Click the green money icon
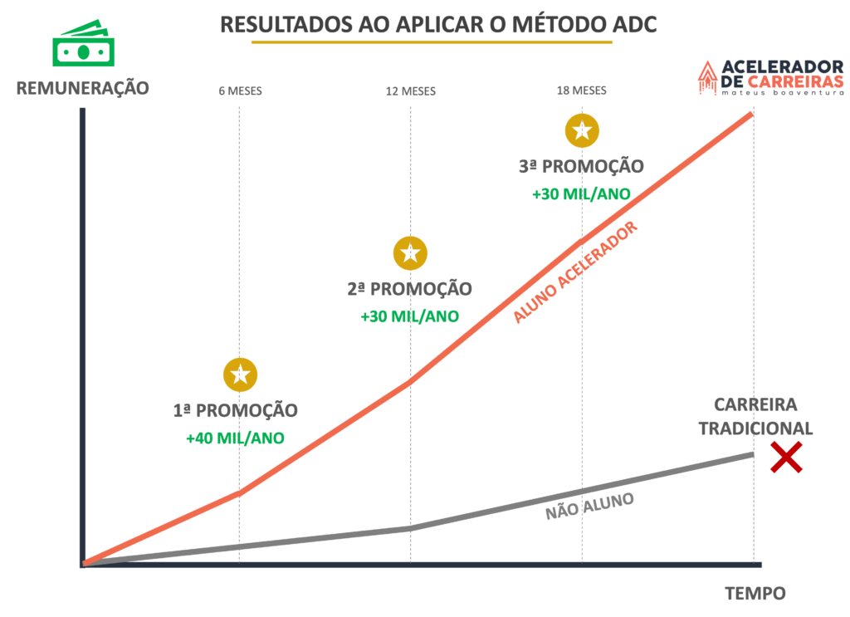point(84,45)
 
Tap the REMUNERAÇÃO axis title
point(83,87)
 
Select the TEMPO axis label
point(755,594)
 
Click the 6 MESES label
point(240,91)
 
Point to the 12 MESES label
point(410,91)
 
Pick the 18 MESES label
point(581,91)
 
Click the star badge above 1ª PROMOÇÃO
point(240,375)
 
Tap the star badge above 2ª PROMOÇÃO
point(410,253)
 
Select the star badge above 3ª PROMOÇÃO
point(582,130)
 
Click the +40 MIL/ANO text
point(235,438)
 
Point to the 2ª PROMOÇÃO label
point(409,290)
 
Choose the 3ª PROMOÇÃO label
point(581,167)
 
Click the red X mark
point(785,458)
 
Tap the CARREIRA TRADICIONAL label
point(755,417)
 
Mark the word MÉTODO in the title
point(551,25)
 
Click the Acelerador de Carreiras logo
point(770,77)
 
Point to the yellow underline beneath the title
point(432,42)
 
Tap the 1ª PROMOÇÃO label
point(235,411)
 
